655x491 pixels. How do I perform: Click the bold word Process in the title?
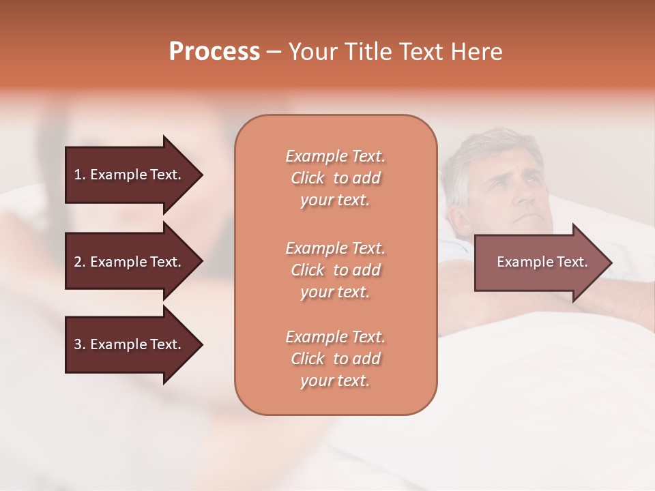[x=214, y=52]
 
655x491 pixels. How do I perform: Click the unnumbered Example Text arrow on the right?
[x=539, y=263]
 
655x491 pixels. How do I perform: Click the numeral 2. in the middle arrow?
[x=79, y=262]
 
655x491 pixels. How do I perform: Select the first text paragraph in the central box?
[x=335, y=178]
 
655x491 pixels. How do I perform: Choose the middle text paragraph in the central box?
[x=335, y=270]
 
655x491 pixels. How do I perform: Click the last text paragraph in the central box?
[x=335, y=359]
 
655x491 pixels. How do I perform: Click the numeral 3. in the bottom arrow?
[x=79, y=345]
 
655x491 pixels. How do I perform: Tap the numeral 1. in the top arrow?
[x=79, y=175]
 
